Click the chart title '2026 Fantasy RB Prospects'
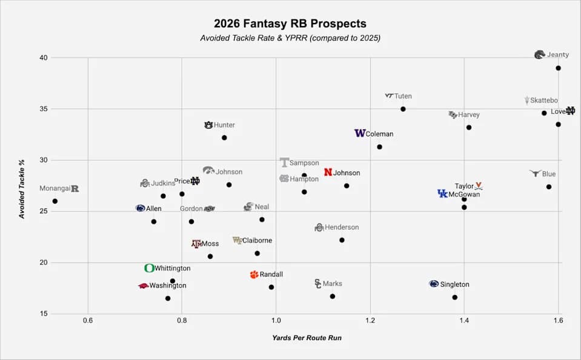[x=290, y=24]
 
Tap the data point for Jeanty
[x=558, y=68]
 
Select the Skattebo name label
[x=544, y=101]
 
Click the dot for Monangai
[x=55, y=201]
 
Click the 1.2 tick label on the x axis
[x=370, y=319]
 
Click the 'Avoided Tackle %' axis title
[x=22, y=186]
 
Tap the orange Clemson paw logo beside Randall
[x=254, y=275]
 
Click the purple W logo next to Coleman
[x=359, y=133]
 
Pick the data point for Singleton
[x=454, y=297]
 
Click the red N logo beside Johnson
[x=328, y=173]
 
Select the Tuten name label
[x=403, y=96]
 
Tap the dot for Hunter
[x=224, y=138]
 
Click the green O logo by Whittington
[x=149, y=268]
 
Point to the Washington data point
[x=168, y=298]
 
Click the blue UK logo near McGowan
[x=442, y=193]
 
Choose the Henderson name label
[x=342, y=227]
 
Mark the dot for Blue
[x=548, y=187]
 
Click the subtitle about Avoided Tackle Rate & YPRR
[x=290, y=38]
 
